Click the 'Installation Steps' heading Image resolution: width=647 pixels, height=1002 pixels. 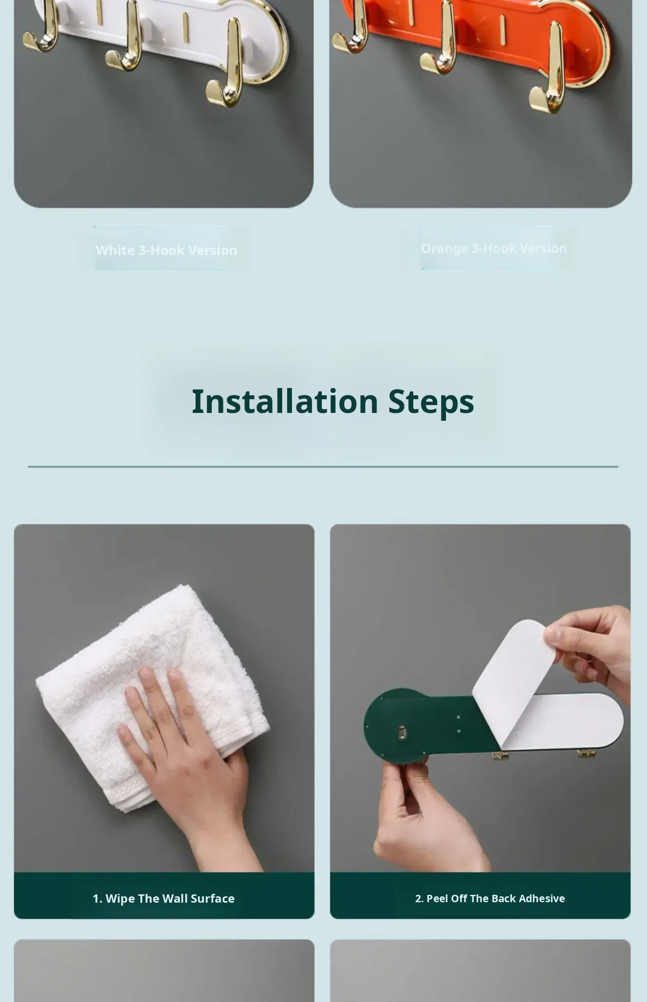pos(333,402)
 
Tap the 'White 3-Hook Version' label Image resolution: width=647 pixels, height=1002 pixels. pos(166,250)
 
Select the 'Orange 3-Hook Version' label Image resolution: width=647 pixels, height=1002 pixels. pos(494,249)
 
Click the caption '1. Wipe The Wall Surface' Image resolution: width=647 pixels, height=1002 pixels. pos(164,898)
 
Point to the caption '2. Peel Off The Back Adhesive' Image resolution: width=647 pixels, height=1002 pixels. pos(490,898)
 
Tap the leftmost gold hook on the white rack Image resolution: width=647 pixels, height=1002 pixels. pos(42,27)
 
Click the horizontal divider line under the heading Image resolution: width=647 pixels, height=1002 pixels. pos(323,467)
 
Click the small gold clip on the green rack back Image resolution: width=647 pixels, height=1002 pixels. pos(402,732)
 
